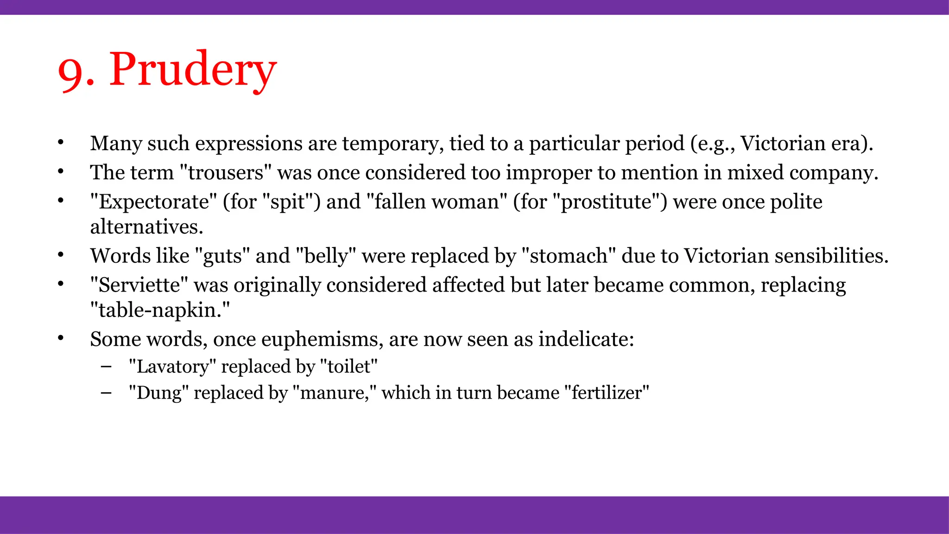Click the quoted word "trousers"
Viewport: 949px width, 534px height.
(x=225, y=172)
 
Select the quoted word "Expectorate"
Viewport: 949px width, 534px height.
(x=153, y=202)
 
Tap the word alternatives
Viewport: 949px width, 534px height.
(x=146, y=227)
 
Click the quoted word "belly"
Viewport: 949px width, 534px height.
(x=326, y=256)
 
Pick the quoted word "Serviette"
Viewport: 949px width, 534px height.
(x=139, y=285)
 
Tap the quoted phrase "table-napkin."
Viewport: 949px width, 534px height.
(x=160, y=310)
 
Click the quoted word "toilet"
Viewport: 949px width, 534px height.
(x=349, y=367)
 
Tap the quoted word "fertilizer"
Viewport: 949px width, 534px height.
(x=607, y=393)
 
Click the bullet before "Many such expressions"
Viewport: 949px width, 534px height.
(x=60, y=143)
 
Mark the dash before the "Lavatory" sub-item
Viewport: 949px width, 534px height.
(x=106, y=366)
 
